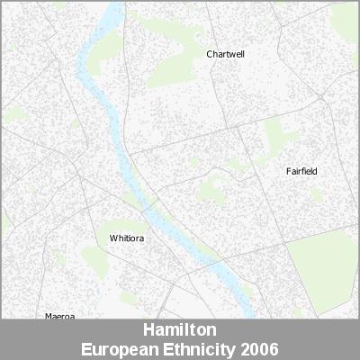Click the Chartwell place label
coord(225,54)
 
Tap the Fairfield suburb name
coord(301,171)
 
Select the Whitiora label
coord(126,238)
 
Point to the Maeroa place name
coord(60,316)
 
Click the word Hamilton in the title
coord(179,330)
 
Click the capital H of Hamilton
coord(148,330)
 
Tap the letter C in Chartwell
coord(209,54)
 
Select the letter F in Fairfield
coord(288,171)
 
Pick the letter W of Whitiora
coord(112,238)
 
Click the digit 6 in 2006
coord(273,348)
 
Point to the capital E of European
coord(85,348)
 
